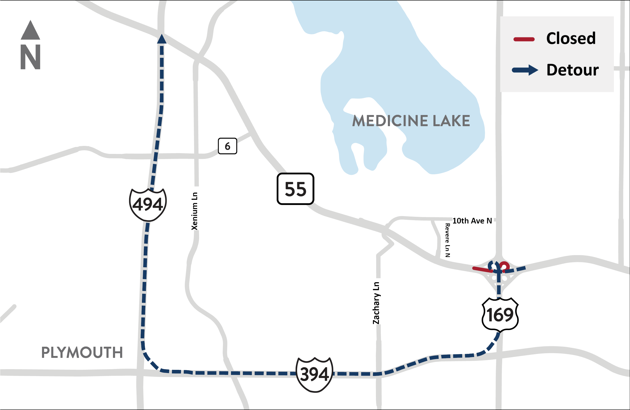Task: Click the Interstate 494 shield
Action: click(x=148, y=205)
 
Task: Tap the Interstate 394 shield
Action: click(x=314, y=374)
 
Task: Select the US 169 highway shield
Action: click(x=500, y=315)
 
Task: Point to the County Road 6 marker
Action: click(x=227, y=146)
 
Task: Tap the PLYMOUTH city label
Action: click(x=82, y=352)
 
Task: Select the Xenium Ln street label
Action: click(x=194, y=211)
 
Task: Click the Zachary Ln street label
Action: click(x=376, y=303)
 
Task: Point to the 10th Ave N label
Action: click(x=472, y=221)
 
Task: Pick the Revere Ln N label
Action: click(x=447, y=240)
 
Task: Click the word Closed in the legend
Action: click(x=571, y=38)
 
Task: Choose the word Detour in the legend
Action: click(x=572, y=70)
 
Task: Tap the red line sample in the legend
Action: click(x=524, y=40)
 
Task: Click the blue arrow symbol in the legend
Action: click(x=525, y=70)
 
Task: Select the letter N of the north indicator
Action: click(x=30, y=57)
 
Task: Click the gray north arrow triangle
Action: click(x=30, y=30)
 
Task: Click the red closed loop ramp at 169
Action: click(x=505, y=266)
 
